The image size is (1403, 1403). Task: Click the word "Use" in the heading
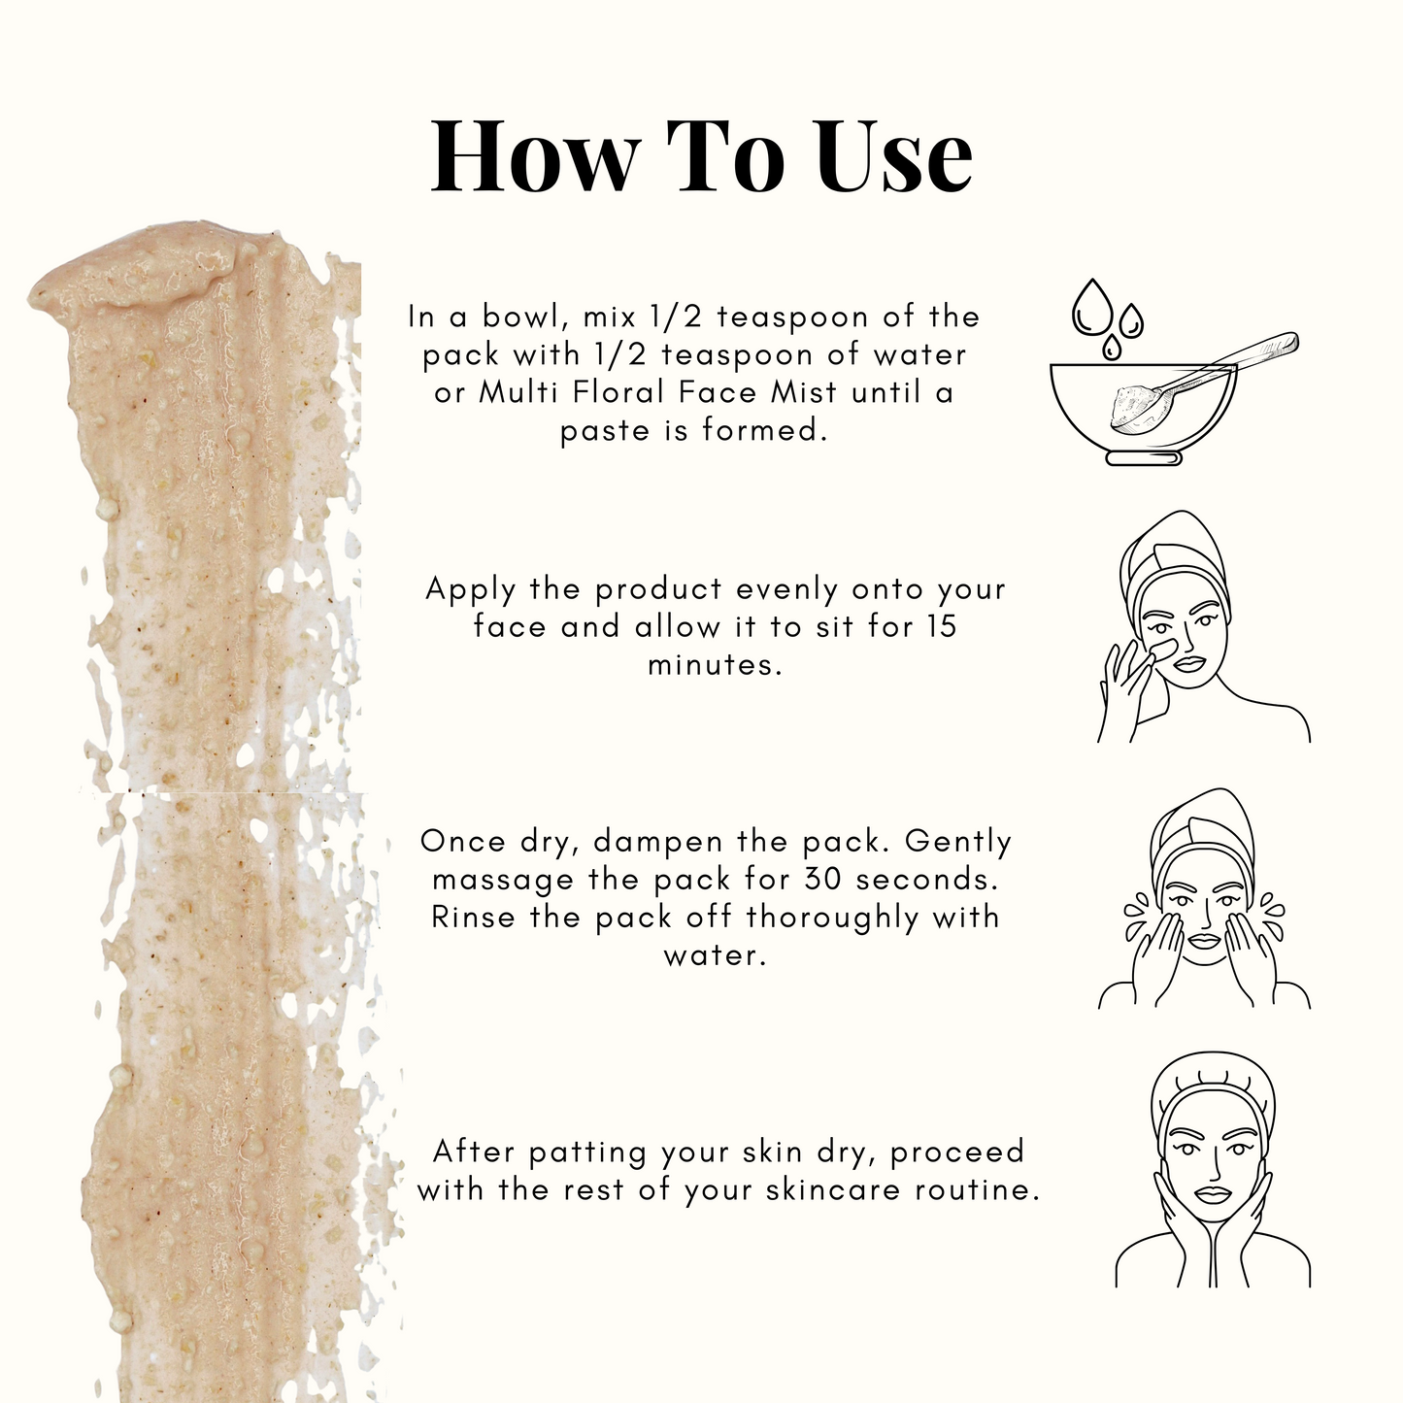point(893,155)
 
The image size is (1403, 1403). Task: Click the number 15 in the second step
point(943,626)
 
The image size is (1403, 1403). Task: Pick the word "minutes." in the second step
point(715,665)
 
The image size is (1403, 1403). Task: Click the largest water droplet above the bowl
point(1092,308)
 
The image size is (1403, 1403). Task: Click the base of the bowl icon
point(1144,458)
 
